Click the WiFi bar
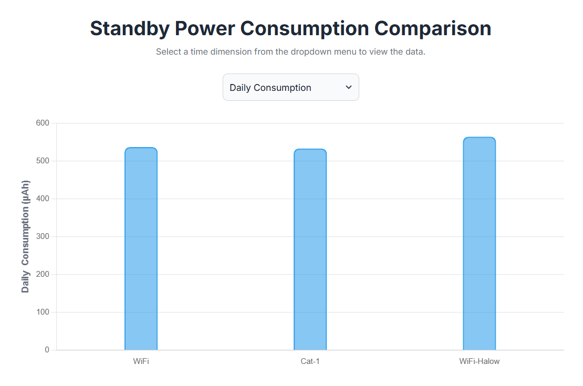pyautogui.click(x=141, y=249)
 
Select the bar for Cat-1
pyautogui.click(x=310, y=249)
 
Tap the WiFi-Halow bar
pyautogui.click(x=479, y=244)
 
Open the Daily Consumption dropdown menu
pyautogui.click(x=290, y=87)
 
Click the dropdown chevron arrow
pyautogui.click(x=349, y=87)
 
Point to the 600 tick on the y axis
pyautogui.click(x=43, y=123)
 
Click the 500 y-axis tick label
pyautogui.click(x=43, y=161)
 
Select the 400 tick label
pyautogui.click(x=43, y=199)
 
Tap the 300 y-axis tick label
pyautogui.click(x=43, y=236)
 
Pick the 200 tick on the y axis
pyautogui.click(x=43, y=274)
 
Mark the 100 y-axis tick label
pyautogui.click(x=43, y=312)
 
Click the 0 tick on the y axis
pyautogui.click(x=47, y=350)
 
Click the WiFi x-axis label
pyautogui.click(x=141, y=361)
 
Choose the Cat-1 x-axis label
pyautogui.click(x=310, y=361)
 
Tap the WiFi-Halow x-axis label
pyautogui.click(x=479, y=361)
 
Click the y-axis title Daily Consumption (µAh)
pyautogui.click(x=26, y=236)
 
